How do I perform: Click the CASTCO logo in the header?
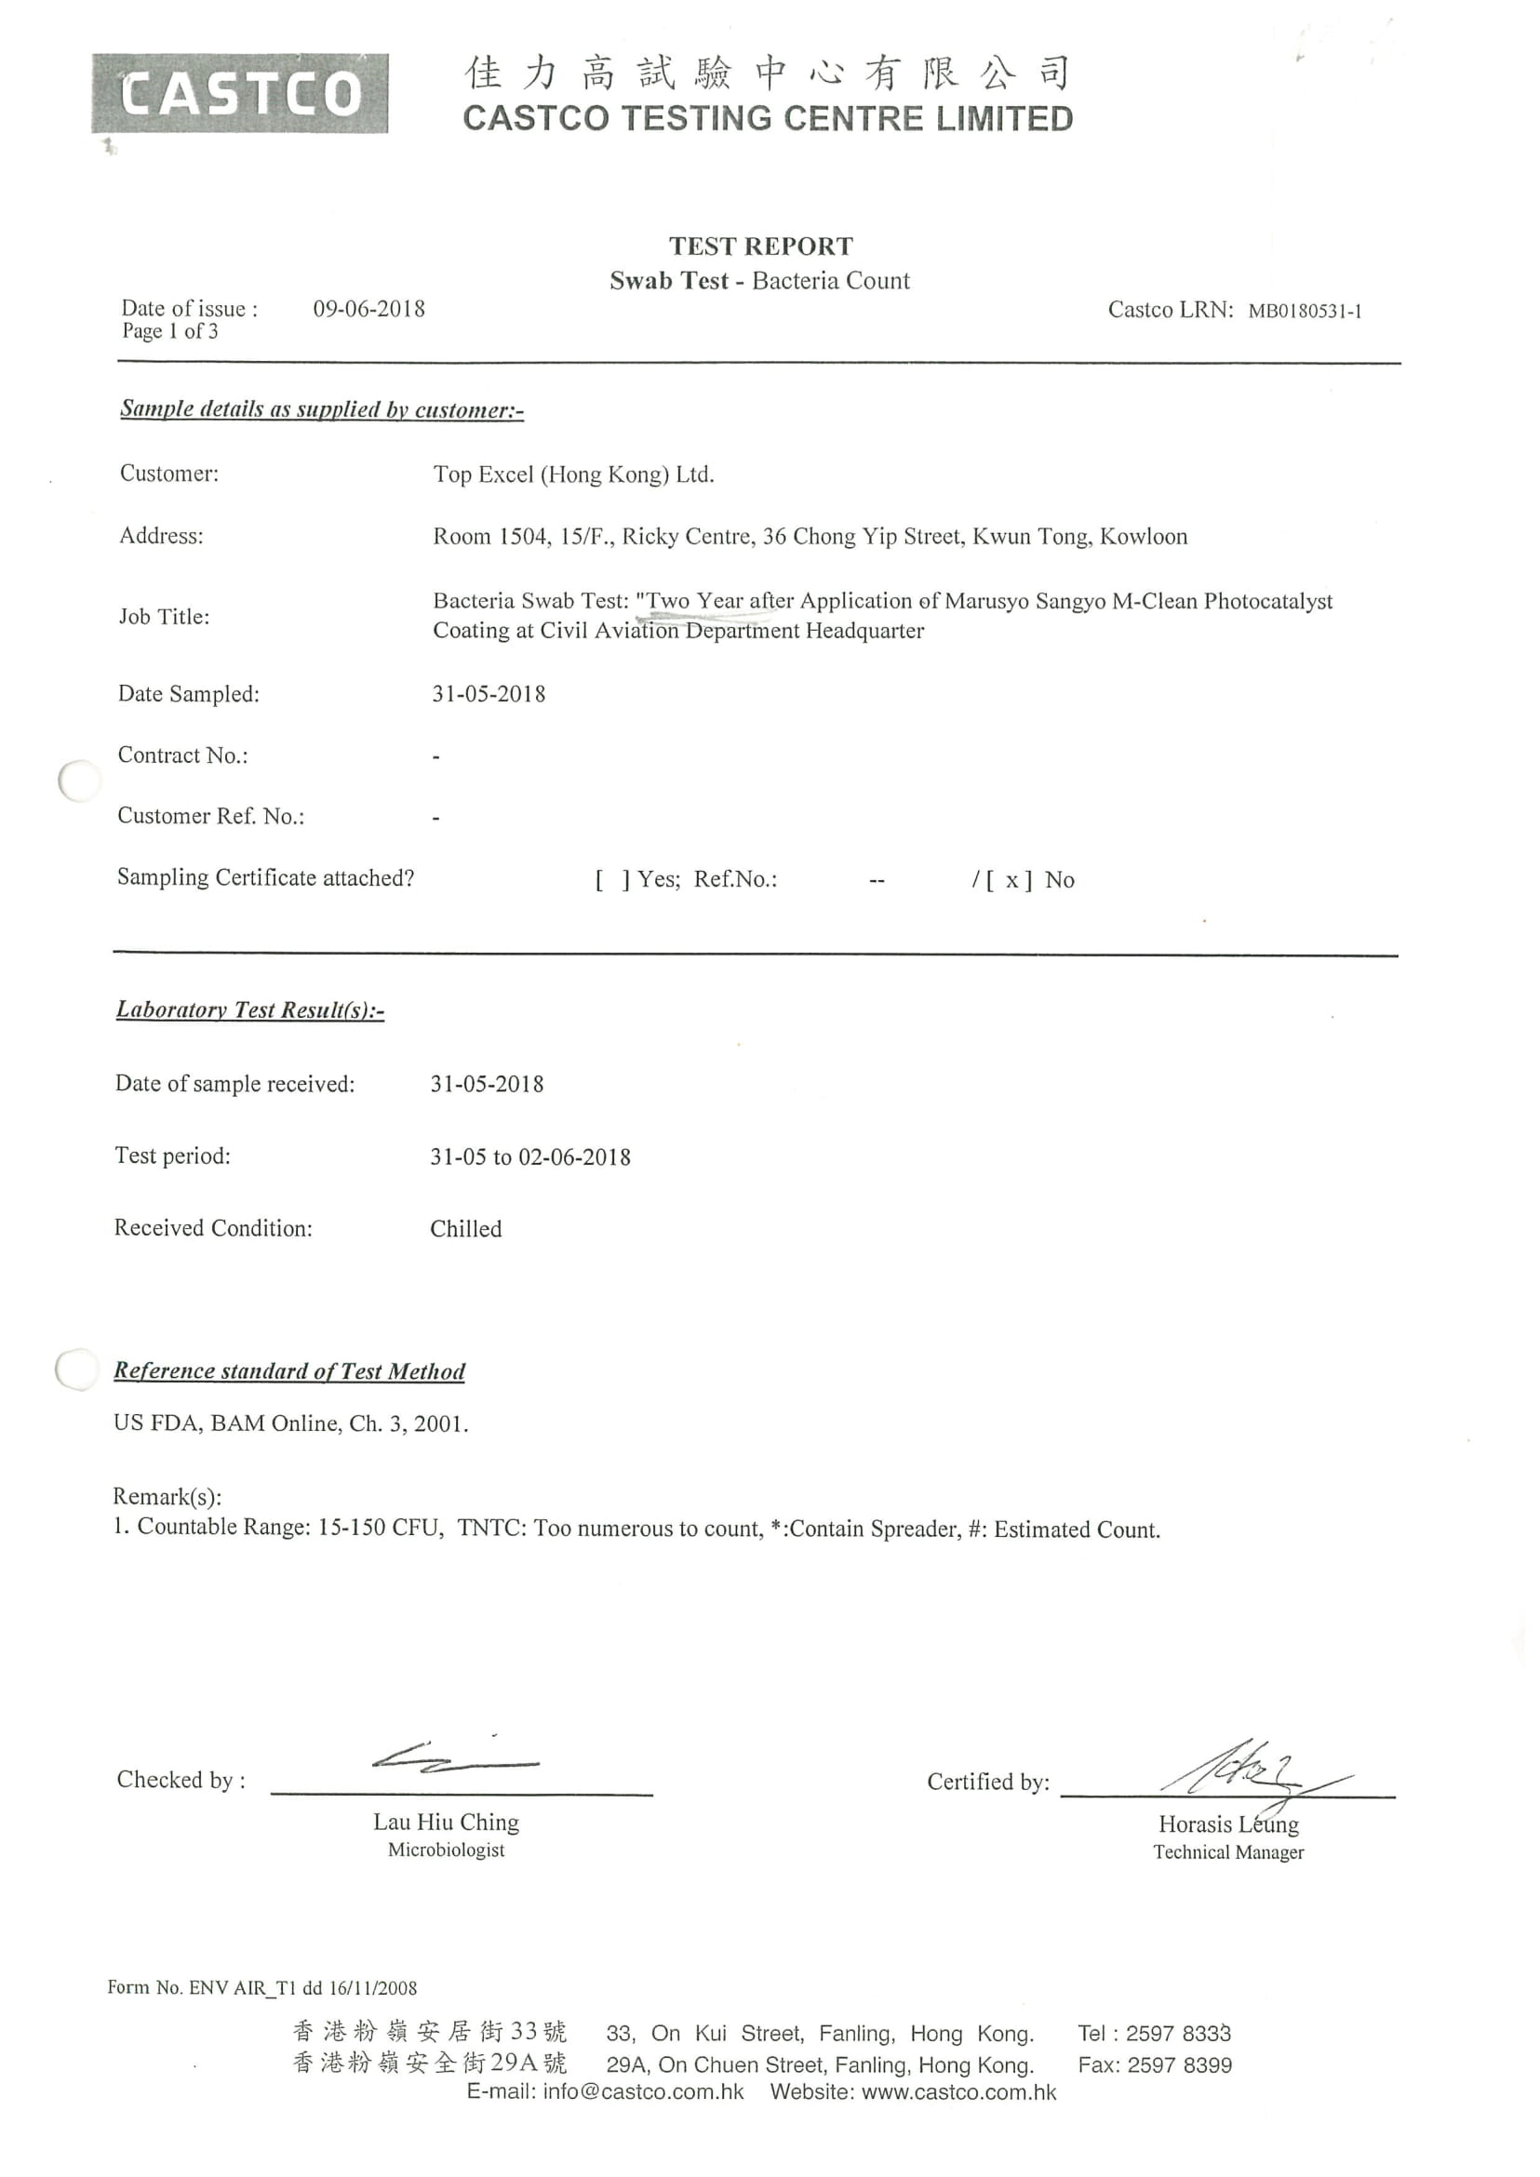click(240, 94)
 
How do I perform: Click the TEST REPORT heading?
click(760, 247)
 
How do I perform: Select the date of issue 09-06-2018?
click(368, 309)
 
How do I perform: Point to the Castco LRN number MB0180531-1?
click(1304, 311)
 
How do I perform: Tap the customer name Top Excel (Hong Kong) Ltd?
click(573, 474)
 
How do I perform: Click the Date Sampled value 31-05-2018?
click(489, 694)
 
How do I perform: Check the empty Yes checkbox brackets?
click(612, 880)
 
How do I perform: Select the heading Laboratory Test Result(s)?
click(249, 1009)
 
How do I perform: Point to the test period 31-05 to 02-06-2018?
click(530, 1156)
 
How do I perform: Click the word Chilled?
click(465, 1229)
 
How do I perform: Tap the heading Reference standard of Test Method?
click(289, 1371)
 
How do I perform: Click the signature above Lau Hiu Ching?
click(454, 1759)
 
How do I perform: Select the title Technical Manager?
click(1228, 1851)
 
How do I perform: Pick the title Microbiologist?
click(446, 1850)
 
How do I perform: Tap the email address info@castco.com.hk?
click(643, 2092)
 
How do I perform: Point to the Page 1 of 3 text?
click(169, 331)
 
